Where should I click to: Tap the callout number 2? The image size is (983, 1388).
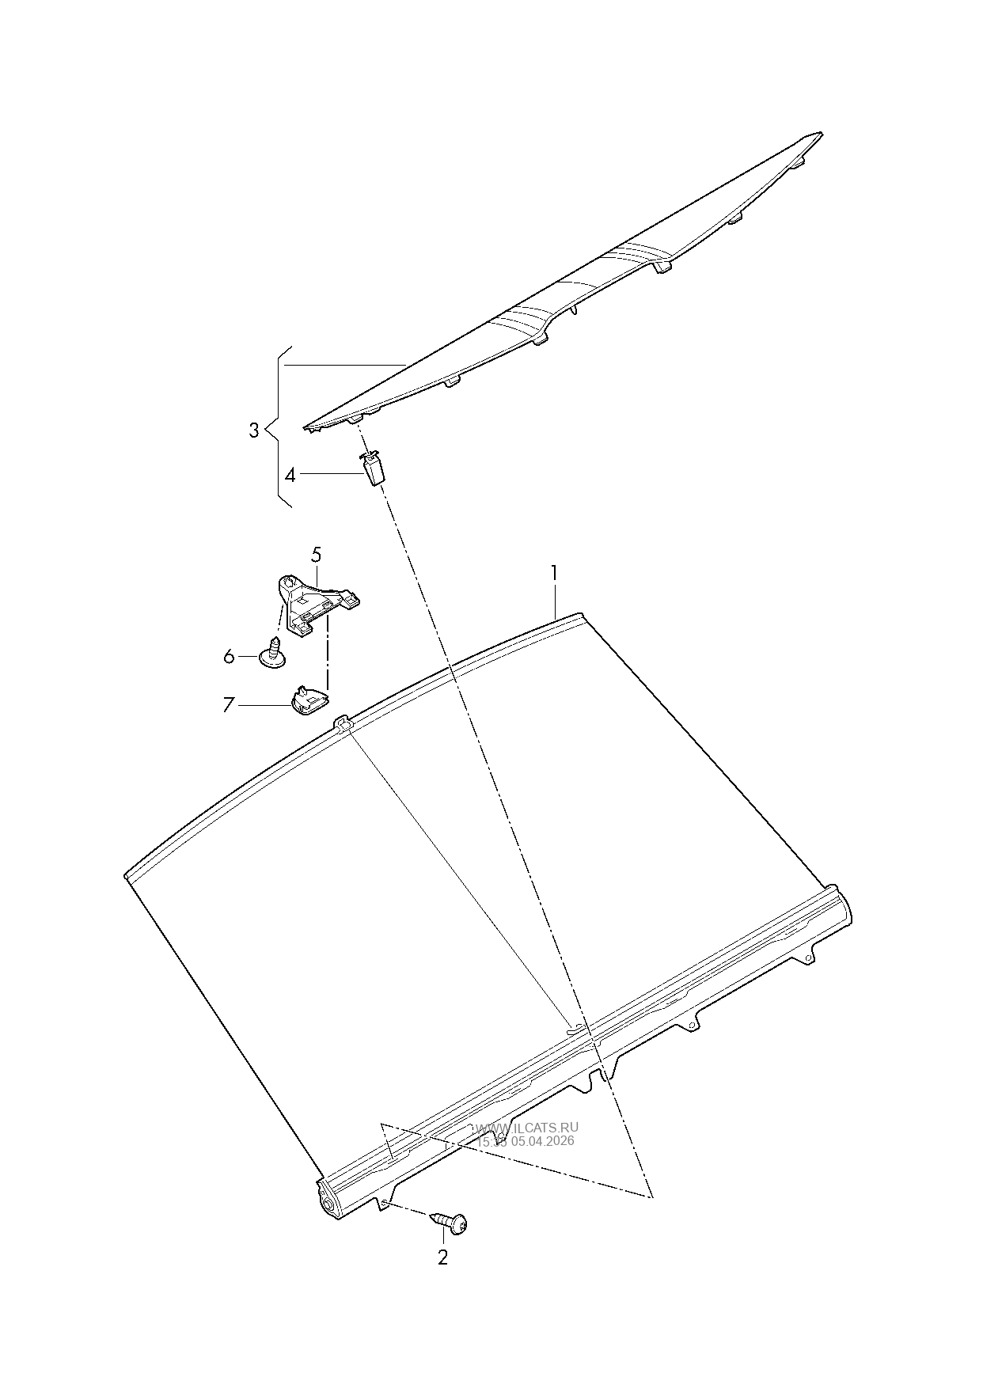(442, 1257)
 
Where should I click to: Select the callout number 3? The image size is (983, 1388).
(253, 431)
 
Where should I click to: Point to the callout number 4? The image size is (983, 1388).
(290, 475)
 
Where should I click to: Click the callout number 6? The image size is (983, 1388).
(229, 656)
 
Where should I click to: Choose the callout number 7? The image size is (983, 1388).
(228, 704)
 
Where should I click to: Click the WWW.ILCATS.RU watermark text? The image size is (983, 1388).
(527, 1128)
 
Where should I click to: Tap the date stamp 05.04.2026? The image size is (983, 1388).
(545, 1141)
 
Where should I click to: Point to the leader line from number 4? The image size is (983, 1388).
(331, 474)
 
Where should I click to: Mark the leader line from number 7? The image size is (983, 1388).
(264, 704)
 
